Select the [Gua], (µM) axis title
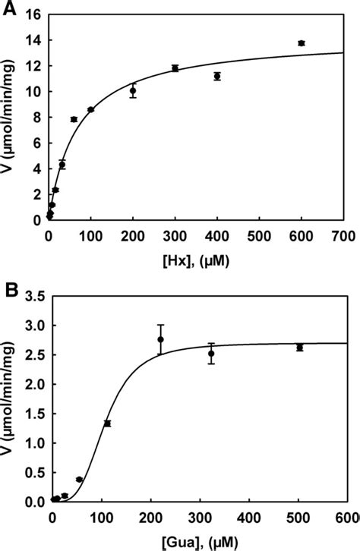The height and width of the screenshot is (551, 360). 195,542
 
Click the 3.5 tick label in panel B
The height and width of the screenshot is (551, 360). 31,296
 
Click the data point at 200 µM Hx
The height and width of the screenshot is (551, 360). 133,90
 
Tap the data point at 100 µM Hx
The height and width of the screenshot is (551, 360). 90,109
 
